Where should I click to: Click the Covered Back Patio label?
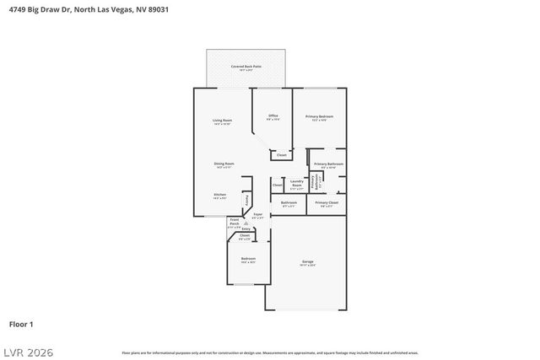[x=246, y=67]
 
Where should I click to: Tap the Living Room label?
[x=223, y=122]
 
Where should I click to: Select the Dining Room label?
[x=224, y=165]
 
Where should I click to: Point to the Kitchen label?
[x=219, y=196]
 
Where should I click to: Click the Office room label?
[x=273, y=117]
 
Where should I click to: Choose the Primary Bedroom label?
[x=319, y=118]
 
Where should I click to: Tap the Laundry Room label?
[x=296, y=183]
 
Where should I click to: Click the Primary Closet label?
[x=327, y=204]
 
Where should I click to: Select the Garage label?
[x=307, y=263]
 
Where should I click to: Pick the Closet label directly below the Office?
[x=281, y=155]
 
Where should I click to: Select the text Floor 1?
[x=21, y=324]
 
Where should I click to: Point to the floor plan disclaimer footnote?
[x=270, y=353]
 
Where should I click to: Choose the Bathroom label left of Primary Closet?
[x=289, y=204]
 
